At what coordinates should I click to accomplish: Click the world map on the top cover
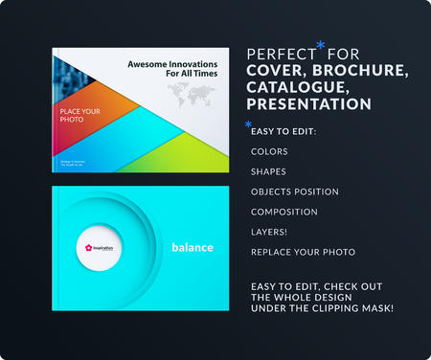pos(197,94)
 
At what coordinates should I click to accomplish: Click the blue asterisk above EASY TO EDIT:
pos(249,124)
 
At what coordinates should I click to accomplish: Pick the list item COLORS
pos(268,151)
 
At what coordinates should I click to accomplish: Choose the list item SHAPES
pos(267,171)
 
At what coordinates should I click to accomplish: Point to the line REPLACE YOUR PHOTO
pos(302,252)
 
